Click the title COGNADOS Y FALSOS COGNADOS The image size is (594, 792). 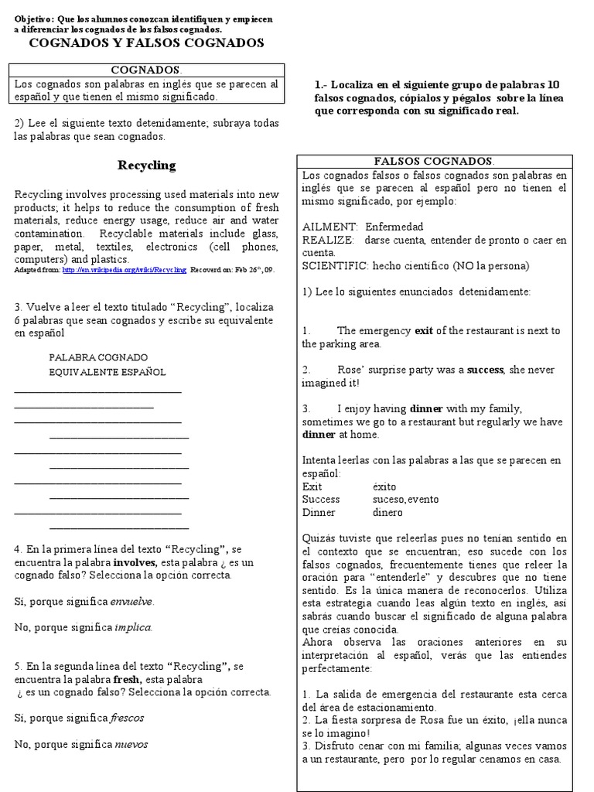(x=146, y=43)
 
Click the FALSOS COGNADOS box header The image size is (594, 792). (x=433, y=161)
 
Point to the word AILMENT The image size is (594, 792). (x=329, y=227)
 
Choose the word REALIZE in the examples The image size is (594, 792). (x=328, y=240)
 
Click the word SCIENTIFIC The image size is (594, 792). (x=335, y=265)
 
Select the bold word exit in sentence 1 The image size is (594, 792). (x=424, y=330)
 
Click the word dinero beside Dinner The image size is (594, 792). (x=387, y=512)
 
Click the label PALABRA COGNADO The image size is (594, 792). (x=98, y=357)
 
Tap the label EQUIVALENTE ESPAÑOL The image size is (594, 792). (x=107, y=372)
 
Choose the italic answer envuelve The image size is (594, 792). (x=131, y=601)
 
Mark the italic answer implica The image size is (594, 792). (x=132, y=627)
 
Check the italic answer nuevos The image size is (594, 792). (x=131, y=744)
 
